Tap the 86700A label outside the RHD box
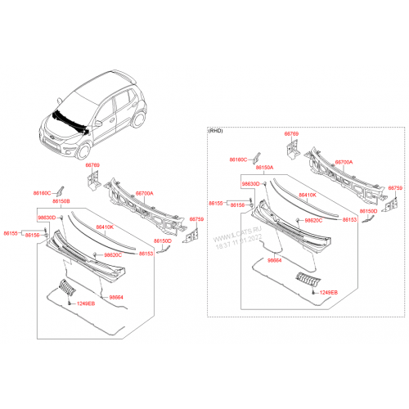tap(144, 194)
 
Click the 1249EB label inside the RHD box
tap(328, 292)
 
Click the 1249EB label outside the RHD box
tap(86, 303)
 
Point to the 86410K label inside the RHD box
tap(308, 196)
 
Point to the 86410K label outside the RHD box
tap(105, 227)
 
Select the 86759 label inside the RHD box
tap(395, 187)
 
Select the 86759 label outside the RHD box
tap(196, 219)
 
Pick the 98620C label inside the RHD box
tap(314, 220)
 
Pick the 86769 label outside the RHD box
tap(92, 166)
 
